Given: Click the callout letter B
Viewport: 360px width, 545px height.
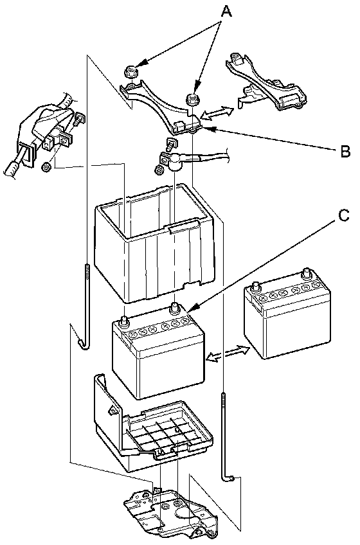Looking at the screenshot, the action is [x=345, y=151].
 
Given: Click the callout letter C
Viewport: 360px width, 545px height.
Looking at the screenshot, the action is [x=344, y=215].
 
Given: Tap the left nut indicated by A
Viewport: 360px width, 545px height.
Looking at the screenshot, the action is [x=130, y=71].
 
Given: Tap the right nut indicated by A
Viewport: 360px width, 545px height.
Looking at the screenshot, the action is [x=192, y=98].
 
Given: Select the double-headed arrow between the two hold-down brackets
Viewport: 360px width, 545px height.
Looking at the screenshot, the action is [x=217, y=113].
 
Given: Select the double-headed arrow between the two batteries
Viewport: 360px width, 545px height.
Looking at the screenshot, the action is [x=228, y=353].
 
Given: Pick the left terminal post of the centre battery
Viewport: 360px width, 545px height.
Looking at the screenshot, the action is [x=124, y=321].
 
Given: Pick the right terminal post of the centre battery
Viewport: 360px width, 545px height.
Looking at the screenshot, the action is [x=174, y=308].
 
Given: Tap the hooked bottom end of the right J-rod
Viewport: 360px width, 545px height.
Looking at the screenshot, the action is [x=228, y=478].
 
